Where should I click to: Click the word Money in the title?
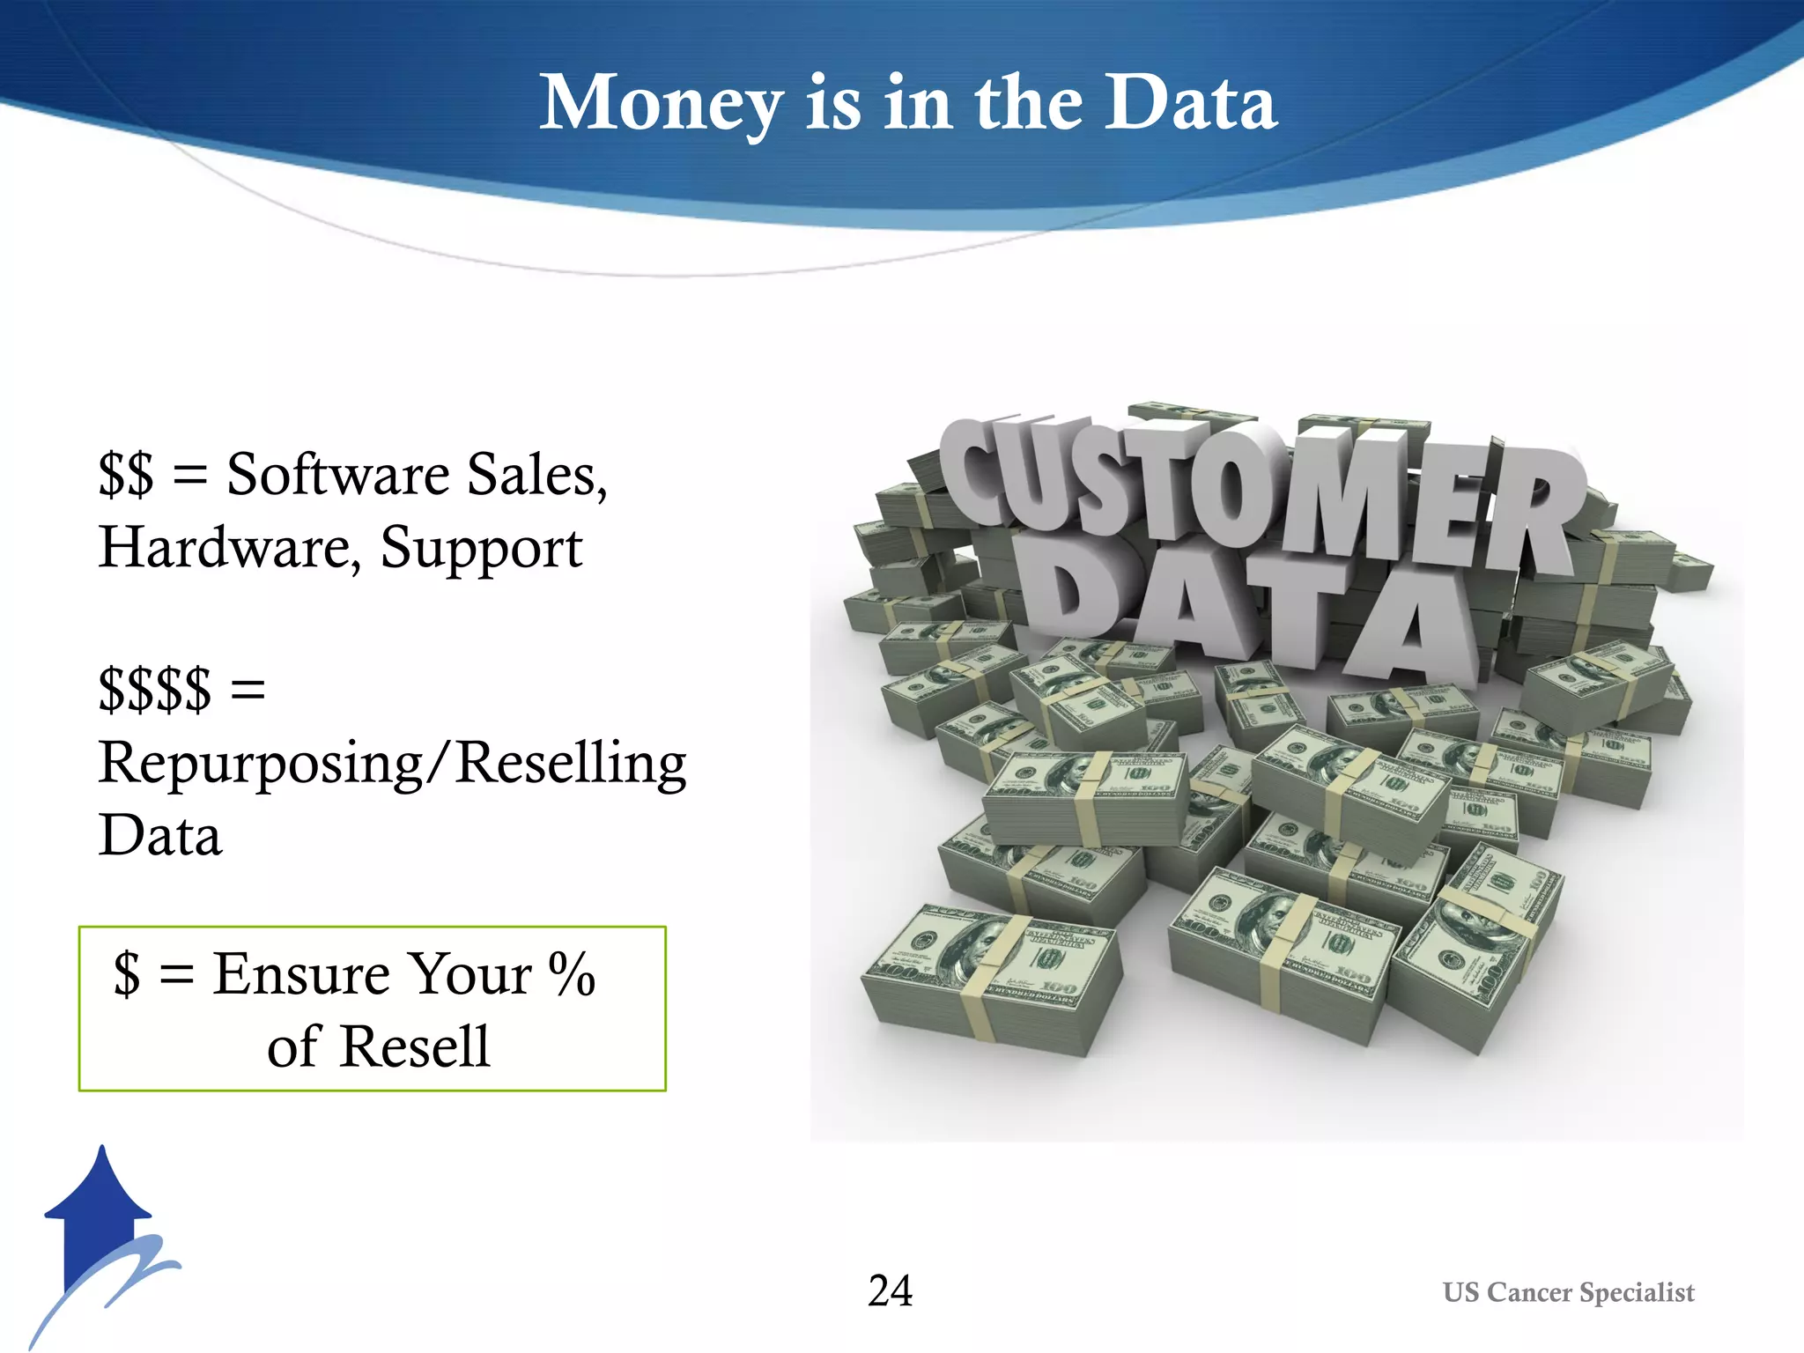pos(661,104)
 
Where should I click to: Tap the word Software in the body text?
pos(338,475)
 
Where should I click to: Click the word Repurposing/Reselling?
pos(392,763)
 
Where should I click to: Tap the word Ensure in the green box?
pos(301,974)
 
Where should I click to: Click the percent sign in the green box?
pos(573,974)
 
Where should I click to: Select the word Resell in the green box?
pos(415,1046)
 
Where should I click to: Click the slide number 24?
pos(890,1290)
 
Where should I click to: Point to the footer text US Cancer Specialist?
pos(1568,1292)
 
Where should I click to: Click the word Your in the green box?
pos(472,974)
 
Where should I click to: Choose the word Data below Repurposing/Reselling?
pos(160,835)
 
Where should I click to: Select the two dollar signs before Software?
pos(126,475)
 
